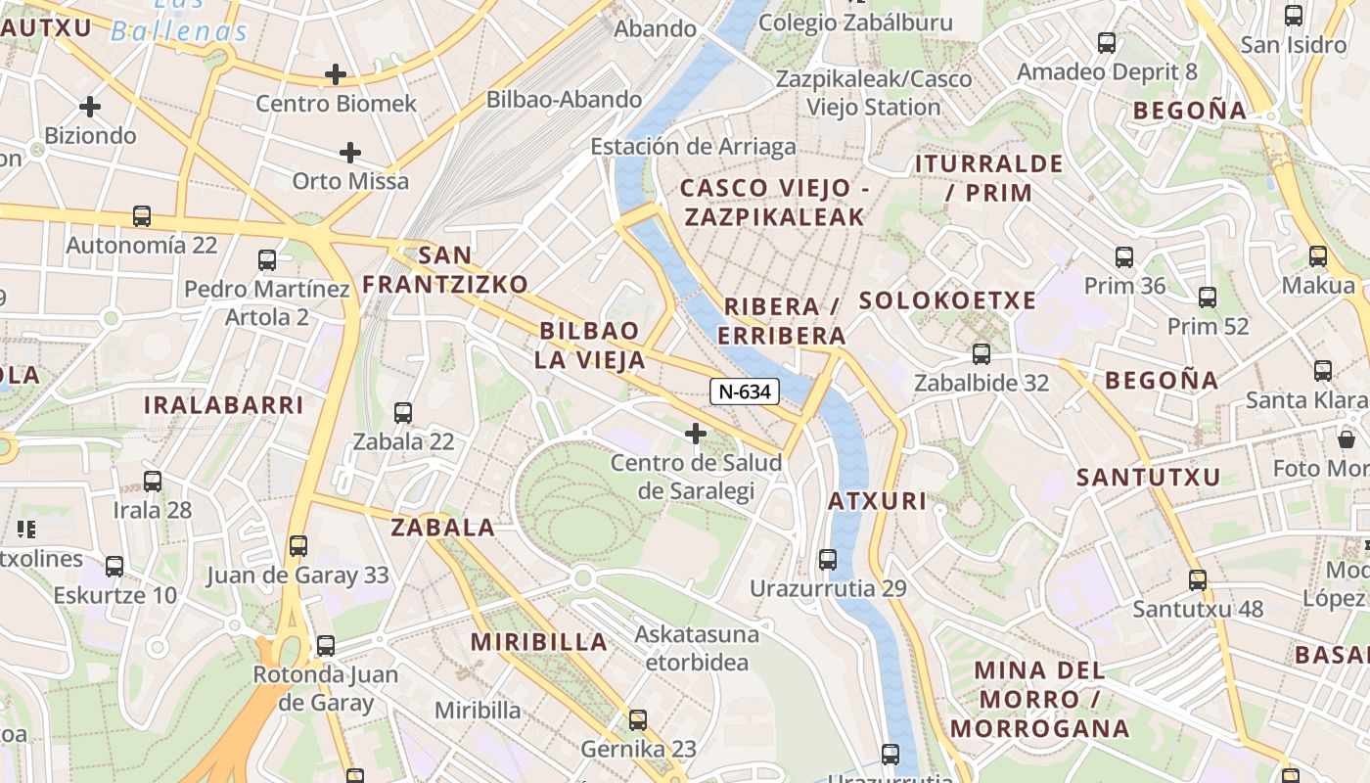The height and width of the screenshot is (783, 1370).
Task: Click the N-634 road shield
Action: click(745, 391)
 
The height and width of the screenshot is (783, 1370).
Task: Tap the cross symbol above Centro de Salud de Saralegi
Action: click(696, 433)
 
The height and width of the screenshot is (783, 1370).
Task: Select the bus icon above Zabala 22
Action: click(403, 413)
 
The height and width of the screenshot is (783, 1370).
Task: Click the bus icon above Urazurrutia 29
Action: click(828, 560)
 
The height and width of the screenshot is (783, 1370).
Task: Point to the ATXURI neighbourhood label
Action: click(877, 501)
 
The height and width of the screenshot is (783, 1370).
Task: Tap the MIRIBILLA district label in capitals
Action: click(539, 642)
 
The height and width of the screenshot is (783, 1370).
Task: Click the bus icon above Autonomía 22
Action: click(142, 216)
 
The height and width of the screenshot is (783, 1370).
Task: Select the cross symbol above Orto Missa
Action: click(350, 153)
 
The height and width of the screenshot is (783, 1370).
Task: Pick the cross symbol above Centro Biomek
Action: click(336, 74)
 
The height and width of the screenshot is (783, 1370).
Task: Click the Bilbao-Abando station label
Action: click(565, 99)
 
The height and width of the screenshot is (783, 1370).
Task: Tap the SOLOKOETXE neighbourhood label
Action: click(947, 300)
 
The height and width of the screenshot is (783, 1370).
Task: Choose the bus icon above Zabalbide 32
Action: click(982, 354)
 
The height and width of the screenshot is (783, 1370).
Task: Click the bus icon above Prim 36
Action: click(1124, 257)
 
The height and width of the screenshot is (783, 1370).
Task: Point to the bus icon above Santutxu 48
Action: click(1198, 580)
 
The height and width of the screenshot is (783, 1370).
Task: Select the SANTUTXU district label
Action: click(1149, 477)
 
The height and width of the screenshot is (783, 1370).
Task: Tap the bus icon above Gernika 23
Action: click(638, 720)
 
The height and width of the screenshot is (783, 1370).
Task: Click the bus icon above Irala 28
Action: click(153, 482)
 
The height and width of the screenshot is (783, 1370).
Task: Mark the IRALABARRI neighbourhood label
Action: click(224, 404)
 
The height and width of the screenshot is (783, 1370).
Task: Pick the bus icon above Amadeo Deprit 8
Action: click(1107, 43)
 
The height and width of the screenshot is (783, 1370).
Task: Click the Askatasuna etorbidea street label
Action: click(697, 648)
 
